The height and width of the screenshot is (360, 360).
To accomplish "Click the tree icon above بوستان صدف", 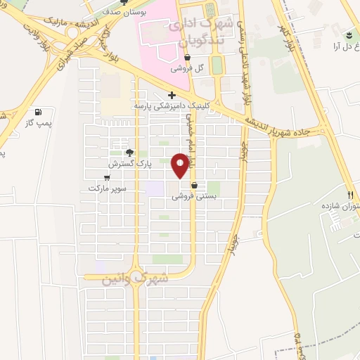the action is [124, 2].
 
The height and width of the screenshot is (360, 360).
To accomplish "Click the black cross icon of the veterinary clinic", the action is [172, 95].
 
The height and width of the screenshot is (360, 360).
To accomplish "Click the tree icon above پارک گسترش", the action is [129, 153].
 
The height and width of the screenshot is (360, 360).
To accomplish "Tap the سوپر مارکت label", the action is [105, 188].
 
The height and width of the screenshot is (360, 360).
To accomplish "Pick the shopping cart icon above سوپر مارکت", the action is [106, 178].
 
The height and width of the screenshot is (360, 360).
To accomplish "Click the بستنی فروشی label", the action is [194, 198].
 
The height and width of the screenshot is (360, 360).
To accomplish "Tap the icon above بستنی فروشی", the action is [194, 186].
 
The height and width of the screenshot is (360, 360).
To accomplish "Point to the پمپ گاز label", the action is [39, 122].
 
